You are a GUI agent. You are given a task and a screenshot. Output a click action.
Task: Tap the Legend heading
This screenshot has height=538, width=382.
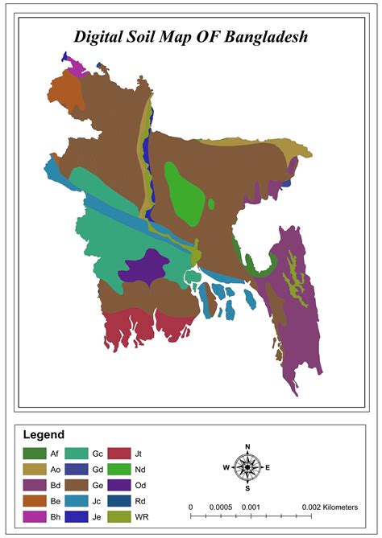pyautogui.click(x=44, y=434)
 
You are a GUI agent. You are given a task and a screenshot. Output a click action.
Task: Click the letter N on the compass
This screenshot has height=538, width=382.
pyautogui.click(x=248, y=446)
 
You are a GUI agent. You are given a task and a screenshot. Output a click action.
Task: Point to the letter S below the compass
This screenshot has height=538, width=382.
pyautogui.click(x=248, y=488)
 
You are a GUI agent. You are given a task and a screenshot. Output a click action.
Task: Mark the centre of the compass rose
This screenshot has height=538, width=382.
pyautogui.click(x=248, y=467)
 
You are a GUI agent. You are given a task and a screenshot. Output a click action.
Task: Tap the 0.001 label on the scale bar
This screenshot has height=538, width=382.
pyautogui.click(x=252, y=507)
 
